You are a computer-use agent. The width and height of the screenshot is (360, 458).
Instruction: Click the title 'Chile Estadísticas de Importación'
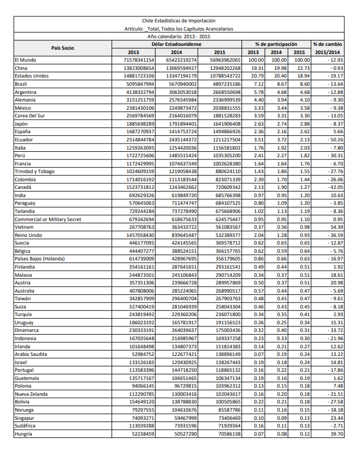coord(179,20)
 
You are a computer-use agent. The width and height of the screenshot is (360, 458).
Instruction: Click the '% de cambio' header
coord(327,44)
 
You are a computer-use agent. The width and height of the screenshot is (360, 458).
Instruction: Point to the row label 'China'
coord(21,68)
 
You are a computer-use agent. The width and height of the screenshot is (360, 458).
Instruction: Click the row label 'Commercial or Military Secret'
coord(48,219)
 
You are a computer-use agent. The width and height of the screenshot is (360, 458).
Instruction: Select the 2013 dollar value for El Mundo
coord(139,60)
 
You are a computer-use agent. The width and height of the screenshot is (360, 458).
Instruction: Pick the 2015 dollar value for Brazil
coord(225,84)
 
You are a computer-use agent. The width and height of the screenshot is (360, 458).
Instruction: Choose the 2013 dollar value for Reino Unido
coord(139,235)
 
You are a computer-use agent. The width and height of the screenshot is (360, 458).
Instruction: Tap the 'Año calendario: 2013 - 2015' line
coord(179,35)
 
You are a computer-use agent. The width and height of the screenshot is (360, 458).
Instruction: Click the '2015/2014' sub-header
coord(327,52)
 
